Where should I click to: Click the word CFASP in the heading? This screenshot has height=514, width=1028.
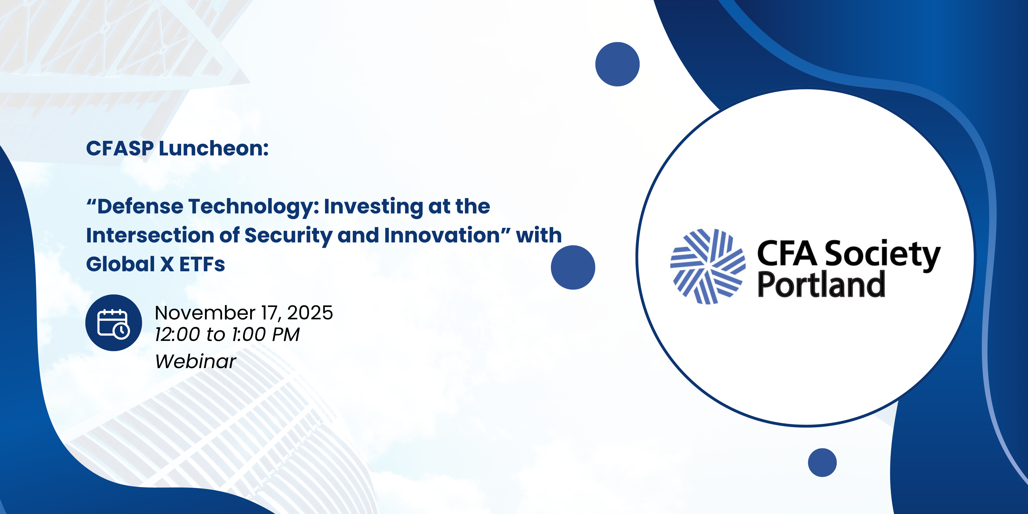(x=120, y=148)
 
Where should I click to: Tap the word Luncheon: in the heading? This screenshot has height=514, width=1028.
(x=214, y=148)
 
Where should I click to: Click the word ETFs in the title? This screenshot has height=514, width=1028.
(x=202, y=264)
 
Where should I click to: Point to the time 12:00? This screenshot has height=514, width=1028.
(x=178, y=334)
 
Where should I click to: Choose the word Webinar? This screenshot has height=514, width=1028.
(x=195, y=362)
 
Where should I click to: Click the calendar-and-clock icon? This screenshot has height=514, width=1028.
(x=114, y=323)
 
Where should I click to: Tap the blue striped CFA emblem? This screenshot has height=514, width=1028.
(x=708, y=266)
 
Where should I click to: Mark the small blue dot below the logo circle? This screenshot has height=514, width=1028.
(x=822, y=463)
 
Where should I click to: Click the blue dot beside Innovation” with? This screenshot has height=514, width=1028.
(x=573, y=267)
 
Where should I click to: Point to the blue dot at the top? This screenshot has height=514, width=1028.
(x=617, y=64)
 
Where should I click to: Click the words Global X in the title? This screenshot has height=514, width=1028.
(x=130, y=264)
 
